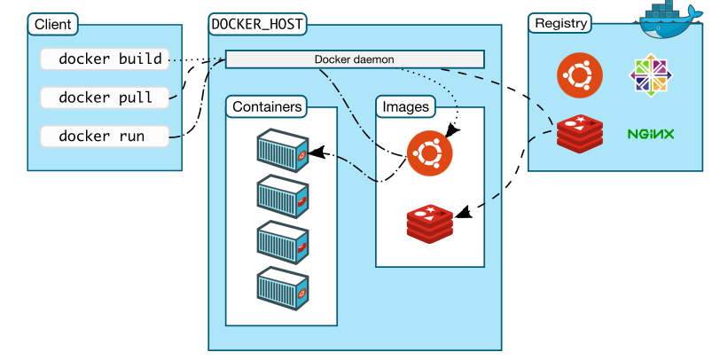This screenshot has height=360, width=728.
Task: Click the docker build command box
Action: [105, 59]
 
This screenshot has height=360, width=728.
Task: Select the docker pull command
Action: [105, 98]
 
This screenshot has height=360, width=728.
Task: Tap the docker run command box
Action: [105, 136]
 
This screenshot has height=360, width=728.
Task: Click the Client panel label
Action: [53, 24]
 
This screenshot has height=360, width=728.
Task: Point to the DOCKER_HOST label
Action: [257, 24]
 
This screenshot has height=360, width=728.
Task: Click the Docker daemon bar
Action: [355, 59]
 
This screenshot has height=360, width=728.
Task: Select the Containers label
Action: [267, 106]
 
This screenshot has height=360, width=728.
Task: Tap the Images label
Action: [405, 106]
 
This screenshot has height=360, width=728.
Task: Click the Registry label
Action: [560, 23]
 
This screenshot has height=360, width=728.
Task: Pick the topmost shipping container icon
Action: [283, 150]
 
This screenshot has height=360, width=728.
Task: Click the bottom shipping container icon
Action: [283, 288]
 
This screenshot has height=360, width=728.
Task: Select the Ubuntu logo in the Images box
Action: [429, 153]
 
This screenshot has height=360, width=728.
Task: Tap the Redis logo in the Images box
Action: [430, 223]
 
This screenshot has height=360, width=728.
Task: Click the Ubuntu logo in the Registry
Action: [580, 75]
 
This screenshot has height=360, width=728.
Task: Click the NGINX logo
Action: [651, 134]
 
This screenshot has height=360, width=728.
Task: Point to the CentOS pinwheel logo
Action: [651, 75]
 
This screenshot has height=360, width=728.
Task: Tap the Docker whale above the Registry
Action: [669, 20]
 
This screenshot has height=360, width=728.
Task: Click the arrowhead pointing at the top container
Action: [316, 153]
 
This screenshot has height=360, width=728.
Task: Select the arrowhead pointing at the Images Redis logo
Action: [464, 213]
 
